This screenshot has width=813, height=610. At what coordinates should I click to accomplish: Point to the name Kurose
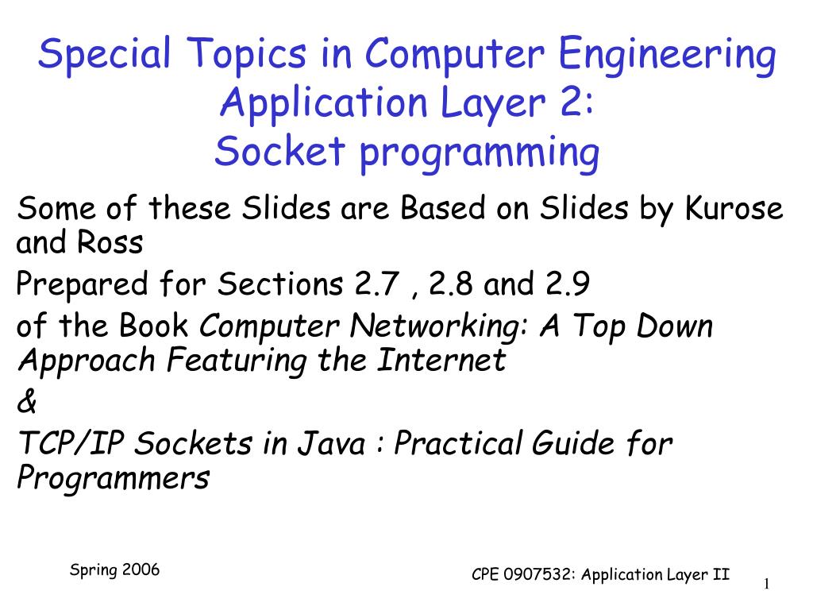coord(734,210)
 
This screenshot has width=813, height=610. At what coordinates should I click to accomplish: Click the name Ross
coord(110,243)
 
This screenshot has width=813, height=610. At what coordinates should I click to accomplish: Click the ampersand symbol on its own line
coord(26,403)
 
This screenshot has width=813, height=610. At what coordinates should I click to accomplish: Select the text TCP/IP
coord(71,445)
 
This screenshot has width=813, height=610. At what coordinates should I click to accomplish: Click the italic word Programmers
coord(113,479)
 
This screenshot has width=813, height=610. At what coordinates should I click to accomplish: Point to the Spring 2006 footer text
coord(115,570)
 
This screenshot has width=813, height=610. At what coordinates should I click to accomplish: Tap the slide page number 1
coord(768,585)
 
